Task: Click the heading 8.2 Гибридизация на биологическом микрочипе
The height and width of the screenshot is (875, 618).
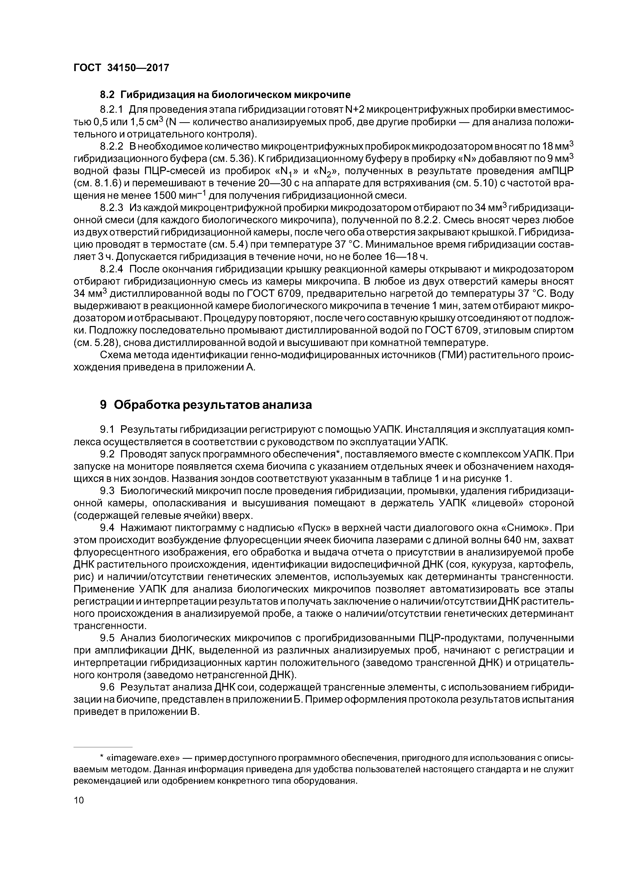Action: (x=225, y=94)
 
